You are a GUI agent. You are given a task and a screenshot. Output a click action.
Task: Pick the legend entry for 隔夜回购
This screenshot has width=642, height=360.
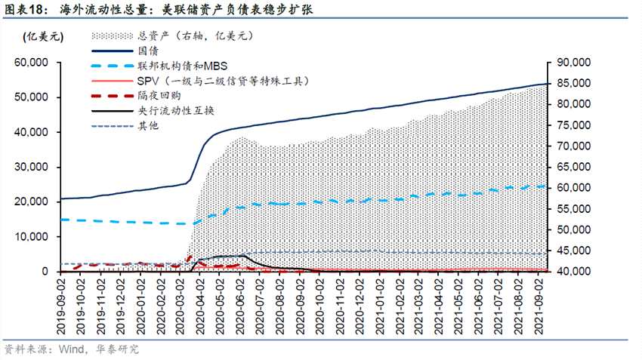click(158, 96)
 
